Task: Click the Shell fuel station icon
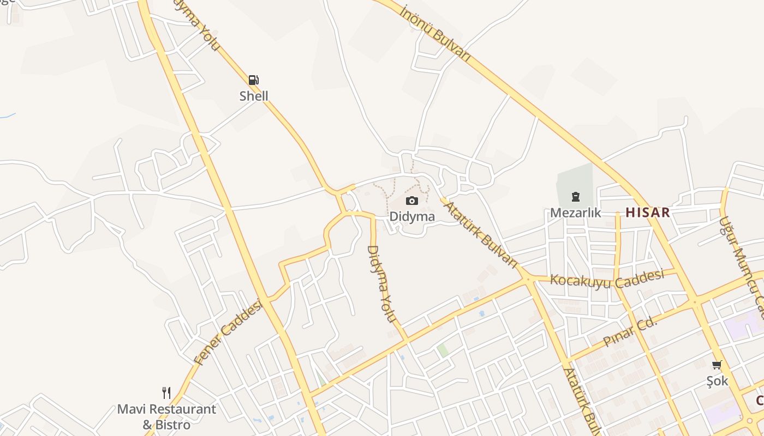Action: click(x=254, y=80)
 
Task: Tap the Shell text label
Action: click(x=254, y=96)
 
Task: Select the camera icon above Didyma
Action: click(x=412, y=201)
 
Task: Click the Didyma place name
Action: click(x=412, y=216)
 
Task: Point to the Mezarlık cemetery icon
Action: click(x=575, y=197)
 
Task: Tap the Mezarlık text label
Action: click(x=575, y=213)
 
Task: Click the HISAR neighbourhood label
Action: click(x=647, y=213)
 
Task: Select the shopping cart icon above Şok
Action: click(x=717, y=365)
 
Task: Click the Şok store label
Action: click(x=717, y=381)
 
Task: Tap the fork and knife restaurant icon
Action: click(x=166, y=392)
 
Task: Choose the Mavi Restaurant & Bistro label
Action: click(x=166, y=417)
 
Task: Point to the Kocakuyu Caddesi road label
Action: click(x=607, y=278)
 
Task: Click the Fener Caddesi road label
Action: click(x=228, y=332)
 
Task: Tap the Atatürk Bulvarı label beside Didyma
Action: click(x=479, y=234)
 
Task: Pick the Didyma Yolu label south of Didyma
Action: click(x=381, y=283)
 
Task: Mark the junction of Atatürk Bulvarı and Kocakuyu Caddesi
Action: click(x=527, y=279)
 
